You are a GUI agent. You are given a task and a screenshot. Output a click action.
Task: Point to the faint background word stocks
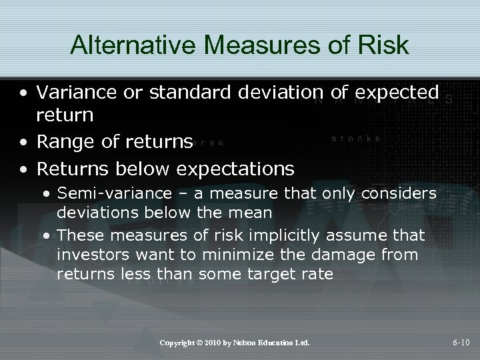(356, 139)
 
